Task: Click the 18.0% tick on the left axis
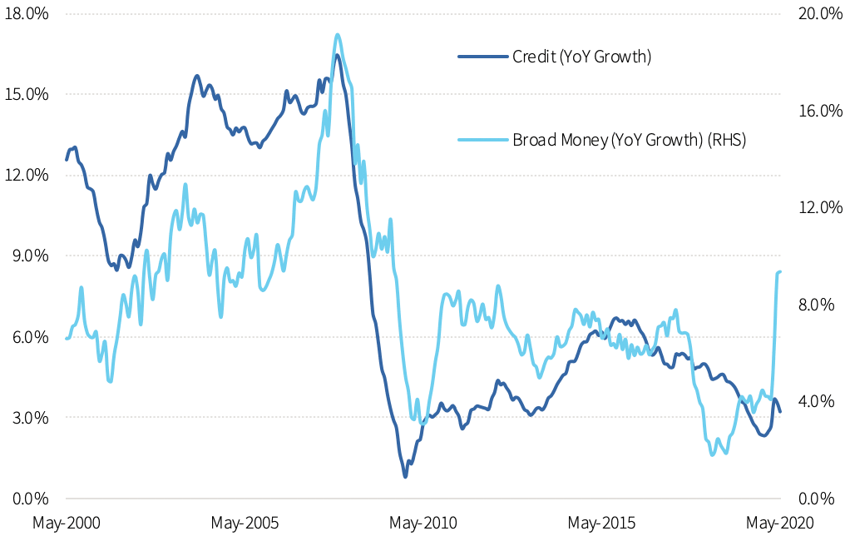tap(27, 14)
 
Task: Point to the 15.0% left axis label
tap(27, 94)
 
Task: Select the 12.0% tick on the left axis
tap(27, 175)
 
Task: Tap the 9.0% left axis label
tap(29, 256)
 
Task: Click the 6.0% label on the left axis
tap(29, 336)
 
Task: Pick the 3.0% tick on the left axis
tap(29, 417)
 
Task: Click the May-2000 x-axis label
tap(67, 523)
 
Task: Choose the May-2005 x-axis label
tap(245, 523)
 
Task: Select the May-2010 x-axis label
tap(423, 523)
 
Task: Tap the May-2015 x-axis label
tap(601, 523)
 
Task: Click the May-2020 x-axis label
tap(779, 523)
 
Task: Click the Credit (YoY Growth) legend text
tap(581, 57)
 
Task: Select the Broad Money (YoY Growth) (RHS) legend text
tap(629, 140)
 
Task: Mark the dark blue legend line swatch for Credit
tap(482, 57)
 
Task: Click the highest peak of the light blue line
tap(337, 35)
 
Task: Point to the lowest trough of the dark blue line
tap(405, 476)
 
